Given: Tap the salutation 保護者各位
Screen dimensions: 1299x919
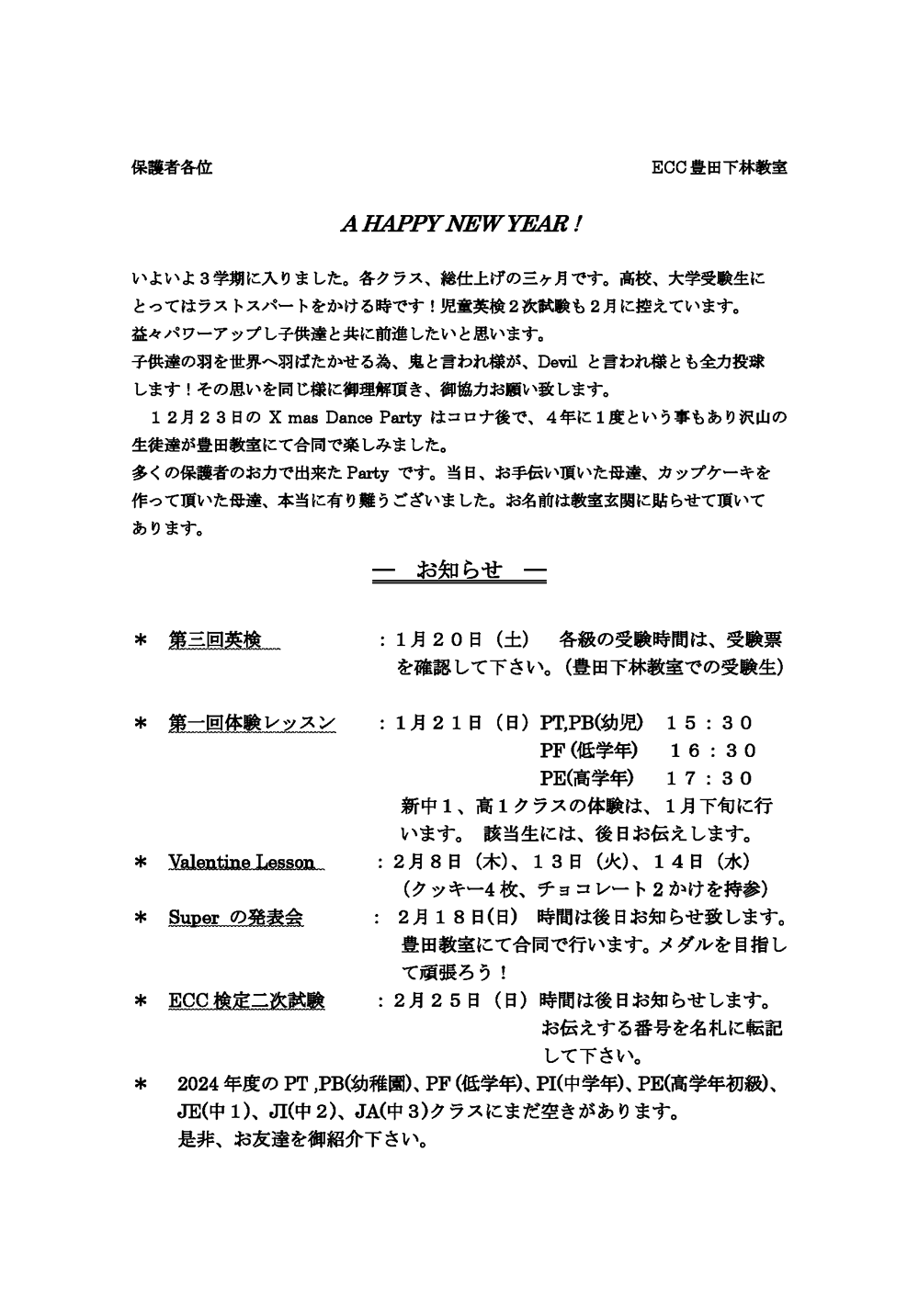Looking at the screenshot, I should point(172,168).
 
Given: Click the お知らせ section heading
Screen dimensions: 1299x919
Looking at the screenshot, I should point(459,570).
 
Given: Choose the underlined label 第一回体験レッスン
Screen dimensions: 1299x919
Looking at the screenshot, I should point(252,723).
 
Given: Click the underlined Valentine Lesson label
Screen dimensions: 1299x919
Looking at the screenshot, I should point(241,863).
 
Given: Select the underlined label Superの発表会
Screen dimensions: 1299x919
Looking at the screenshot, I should point(235,918).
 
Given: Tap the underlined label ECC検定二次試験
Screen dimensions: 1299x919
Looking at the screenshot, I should point(246,1000).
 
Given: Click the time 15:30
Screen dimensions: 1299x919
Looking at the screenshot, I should point(722,723).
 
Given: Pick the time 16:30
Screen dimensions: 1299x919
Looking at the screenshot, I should point(714,751).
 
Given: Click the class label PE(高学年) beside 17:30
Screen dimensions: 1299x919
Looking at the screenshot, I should point(586,779).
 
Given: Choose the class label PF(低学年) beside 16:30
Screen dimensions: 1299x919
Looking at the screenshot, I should point(588,751).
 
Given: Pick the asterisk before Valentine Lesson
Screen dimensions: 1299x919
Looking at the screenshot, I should point(142,863).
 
